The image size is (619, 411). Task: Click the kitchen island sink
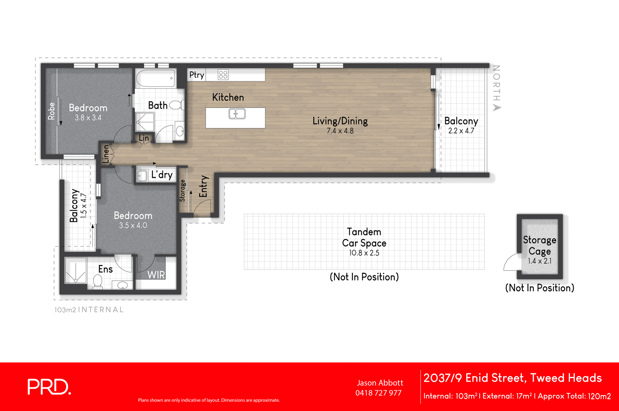[237, 114]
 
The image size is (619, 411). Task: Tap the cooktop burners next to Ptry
[223, 75]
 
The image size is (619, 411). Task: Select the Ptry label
[196, 75]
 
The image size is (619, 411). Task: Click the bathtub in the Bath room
[155, 78]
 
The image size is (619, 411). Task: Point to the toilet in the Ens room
[98, 281]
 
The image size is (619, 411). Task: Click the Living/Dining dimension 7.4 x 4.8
[340, 131]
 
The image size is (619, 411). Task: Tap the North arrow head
[497, 108]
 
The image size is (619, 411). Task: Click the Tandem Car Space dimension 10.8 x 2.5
[364, 253]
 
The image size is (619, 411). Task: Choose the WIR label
[156, 275]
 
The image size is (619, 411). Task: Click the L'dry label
[162, 175]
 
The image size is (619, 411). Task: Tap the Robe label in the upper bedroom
[51, 111]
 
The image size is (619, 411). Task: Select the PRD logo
[49, 387]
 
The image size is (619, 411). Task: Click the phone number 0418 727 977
[378, 393]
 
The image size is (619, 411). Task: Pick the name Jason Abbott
[380, 383]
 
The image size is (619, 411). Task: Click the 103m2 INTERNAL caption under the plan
[89, 310]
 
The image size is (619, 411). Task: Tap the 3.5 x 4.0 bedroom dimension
[133, 226]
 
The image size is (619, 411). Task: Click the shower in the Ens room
[75, 270]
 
